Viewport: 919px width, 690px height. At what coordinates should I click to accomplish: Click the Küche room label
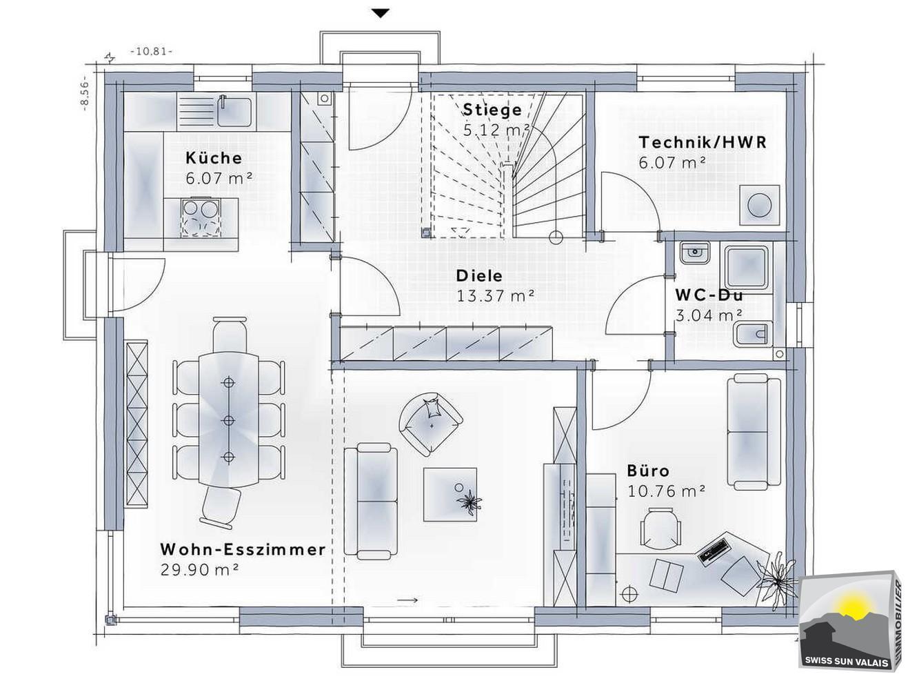click(x=213, y=157)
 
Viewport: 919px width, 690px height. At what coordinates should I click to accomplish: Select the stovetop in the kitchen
click(x=199, y=217)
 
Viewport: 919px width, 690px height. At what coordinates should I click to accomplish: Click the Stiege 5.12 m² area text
click(x=496, y=129)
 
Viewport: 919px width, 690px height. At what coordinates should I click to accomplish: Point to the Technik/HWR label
click(x=703, y=143)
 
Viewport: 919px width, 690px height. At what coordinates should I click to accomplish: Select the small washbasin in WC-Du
click(x=694, y=253)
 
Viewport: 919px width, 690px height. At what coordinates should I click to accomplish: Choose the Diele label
click(x=479, y=276)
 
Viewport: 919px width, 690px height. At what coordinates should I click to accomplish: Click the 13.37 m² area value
click(x=496, y=296)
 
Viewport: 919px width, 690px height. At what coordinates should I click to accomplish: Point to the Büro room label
click(x=648, y=471)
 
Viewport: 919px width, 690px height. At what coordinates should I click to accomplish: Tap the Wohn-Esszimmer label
click(x=243, y=550)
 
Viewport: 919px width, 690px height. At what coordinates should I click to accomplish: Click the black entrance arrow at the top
click(x=381, y=12)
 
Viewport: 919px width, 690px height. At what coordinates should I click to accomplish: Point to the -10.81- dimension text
click(x=152, y=52)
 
